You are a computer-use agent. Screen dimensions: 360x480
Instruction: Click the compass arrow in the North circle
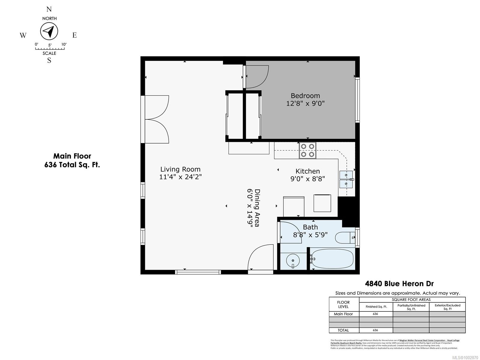tap(49, 31)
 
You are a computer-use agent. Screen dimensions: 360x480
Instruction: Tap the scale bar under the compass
tap(49, 48)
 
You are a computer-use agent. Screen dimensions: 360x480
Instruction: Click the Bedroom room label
tap(305, 96)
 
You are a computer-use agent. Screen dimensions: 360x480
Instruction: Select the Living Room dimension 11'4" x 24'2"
tap(180, 177)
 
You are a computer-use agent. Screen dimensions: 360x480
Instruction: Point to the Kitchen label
tap(307, 171)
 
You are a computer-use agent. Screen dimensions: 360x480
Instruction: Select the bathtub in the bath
tap(332, 258)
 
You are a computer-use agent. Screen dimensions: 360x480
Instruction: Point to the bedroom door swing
tap(257, 77)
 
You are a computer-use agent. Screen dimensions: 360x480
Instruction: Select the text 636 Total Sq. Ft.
tap(72, 165)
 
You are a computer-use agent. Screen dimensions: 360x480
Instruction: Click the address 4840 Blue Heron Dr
tap(399, 283)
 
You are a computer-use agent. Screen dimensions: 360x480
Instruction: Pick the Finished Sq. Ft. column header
tap(376, 307)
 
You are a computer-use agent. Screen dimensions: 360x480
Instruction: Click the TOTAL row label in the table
tap(343, 330)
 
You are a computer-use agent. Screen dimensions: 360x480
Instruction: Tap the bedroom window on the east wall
tap(357, 100)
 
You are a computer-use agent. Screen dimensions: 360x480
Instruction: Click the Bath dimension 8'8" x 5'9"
tap(310, 235)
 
